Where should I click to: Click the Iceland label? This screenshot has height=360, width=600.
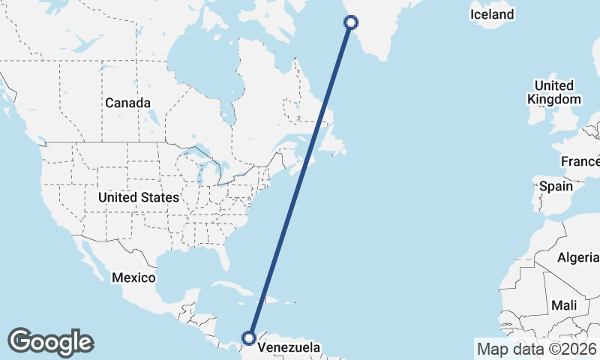point(492,14)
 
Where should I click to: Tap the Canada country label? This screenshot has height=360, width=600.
point(127,103)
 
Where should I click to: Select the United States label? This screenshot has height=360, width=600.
point(139,197)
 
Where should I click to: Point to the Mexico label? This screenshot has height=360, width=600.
point(133,277)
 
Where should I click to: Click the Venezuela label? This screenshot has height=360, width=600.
point(289,347)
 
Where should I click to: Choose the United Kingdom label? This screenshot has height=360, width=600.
point(554,92)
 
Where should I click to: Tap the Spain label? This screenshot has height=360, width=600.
point(556,186)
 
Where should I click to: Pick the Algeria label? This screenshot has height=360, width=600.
point(577,258)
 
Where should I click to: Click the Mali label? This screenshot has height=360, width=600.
point(563,305)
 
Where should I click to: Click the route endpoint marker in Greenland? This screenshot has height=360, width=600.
point(350,22)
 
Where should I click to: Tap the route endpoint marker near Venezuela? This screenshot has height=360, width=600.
point(250,338)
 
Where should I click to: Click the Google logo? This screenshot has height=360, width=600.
point(50,342)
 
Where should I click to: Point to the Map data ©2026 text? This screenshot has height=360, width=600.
point(536,348)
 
